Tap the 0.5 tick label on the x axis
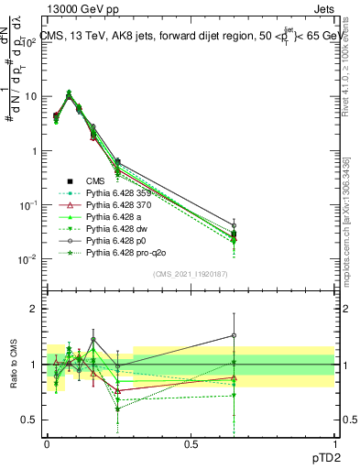point(190,442)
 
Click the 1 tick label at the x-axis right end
point(333,442)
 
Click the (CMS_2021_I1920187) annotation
point(190,274)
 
